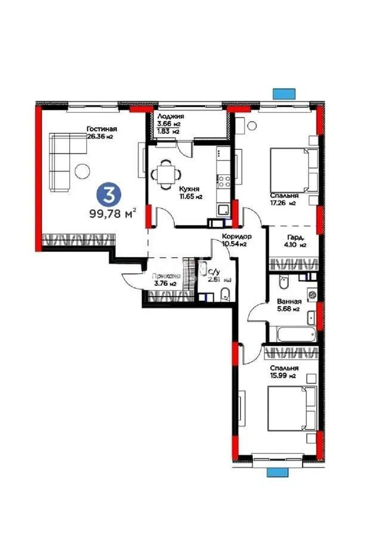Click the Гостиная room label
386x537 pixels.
pos(101,129)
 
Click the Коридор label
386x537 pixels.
pos(237,236)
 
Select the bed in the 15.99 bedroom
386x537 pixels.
pos(289,408)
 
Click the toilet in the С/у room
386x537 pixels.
pos(226,293)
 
